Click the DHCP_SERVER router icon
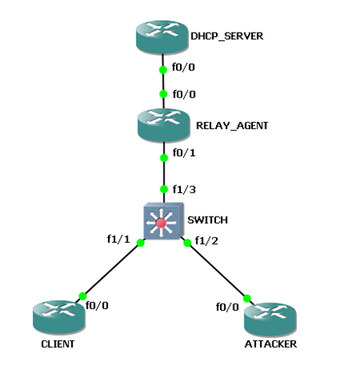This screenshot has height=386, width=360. click(162, 37)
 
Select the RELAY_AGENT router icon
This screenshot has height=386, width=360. click(164, 125)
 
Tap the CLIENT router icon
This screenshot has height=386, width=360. click(59, 316)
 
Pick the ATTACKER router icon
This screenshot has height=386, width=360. click(270, 319)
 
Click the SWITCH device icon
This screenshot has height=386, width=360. click(164, 221)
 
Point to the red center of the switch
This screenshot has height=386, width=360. click(161, 223)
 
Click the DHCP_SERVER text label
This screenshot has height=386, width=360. click(227, 36)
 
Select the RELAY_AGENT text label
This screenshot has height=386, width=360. click(232, 126)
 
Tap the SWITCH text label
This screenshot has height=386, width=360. click(208, 220)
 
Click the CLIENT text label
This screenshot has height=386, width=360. click(58, 344)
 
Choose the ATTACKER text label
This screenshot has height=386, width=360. click(271, 344)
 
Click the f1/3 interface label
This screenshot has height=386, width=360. click(184, 190)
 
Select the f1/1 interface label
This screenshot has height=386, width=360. click(119, 239)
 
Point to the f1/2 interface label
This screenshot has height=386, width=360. click(206, 241)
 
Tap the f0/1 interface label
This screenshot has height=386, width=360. click(184, 153)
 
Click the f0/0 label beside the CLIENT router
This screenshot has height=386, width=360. click(97, 306)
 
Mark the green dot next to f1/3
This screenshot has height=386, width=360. click(164, 189)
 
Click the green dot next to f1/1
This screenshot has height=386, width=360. click(141, 243)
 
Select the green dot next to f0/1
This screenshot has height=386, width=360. click(164, 158)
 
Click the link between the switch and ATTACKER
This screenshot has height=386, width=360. click(218, 271)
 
